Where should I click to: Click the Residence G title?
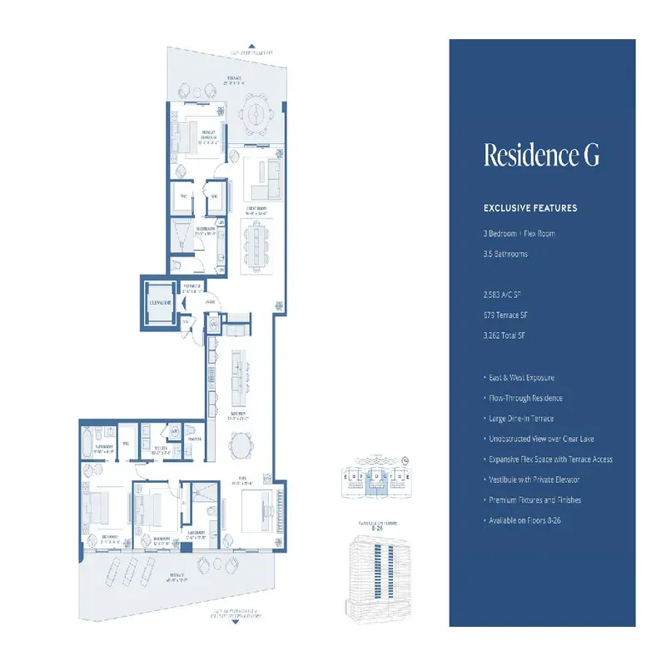coord(541,156)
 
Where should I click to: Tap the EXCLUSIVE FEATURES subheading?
coord(530,208)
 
